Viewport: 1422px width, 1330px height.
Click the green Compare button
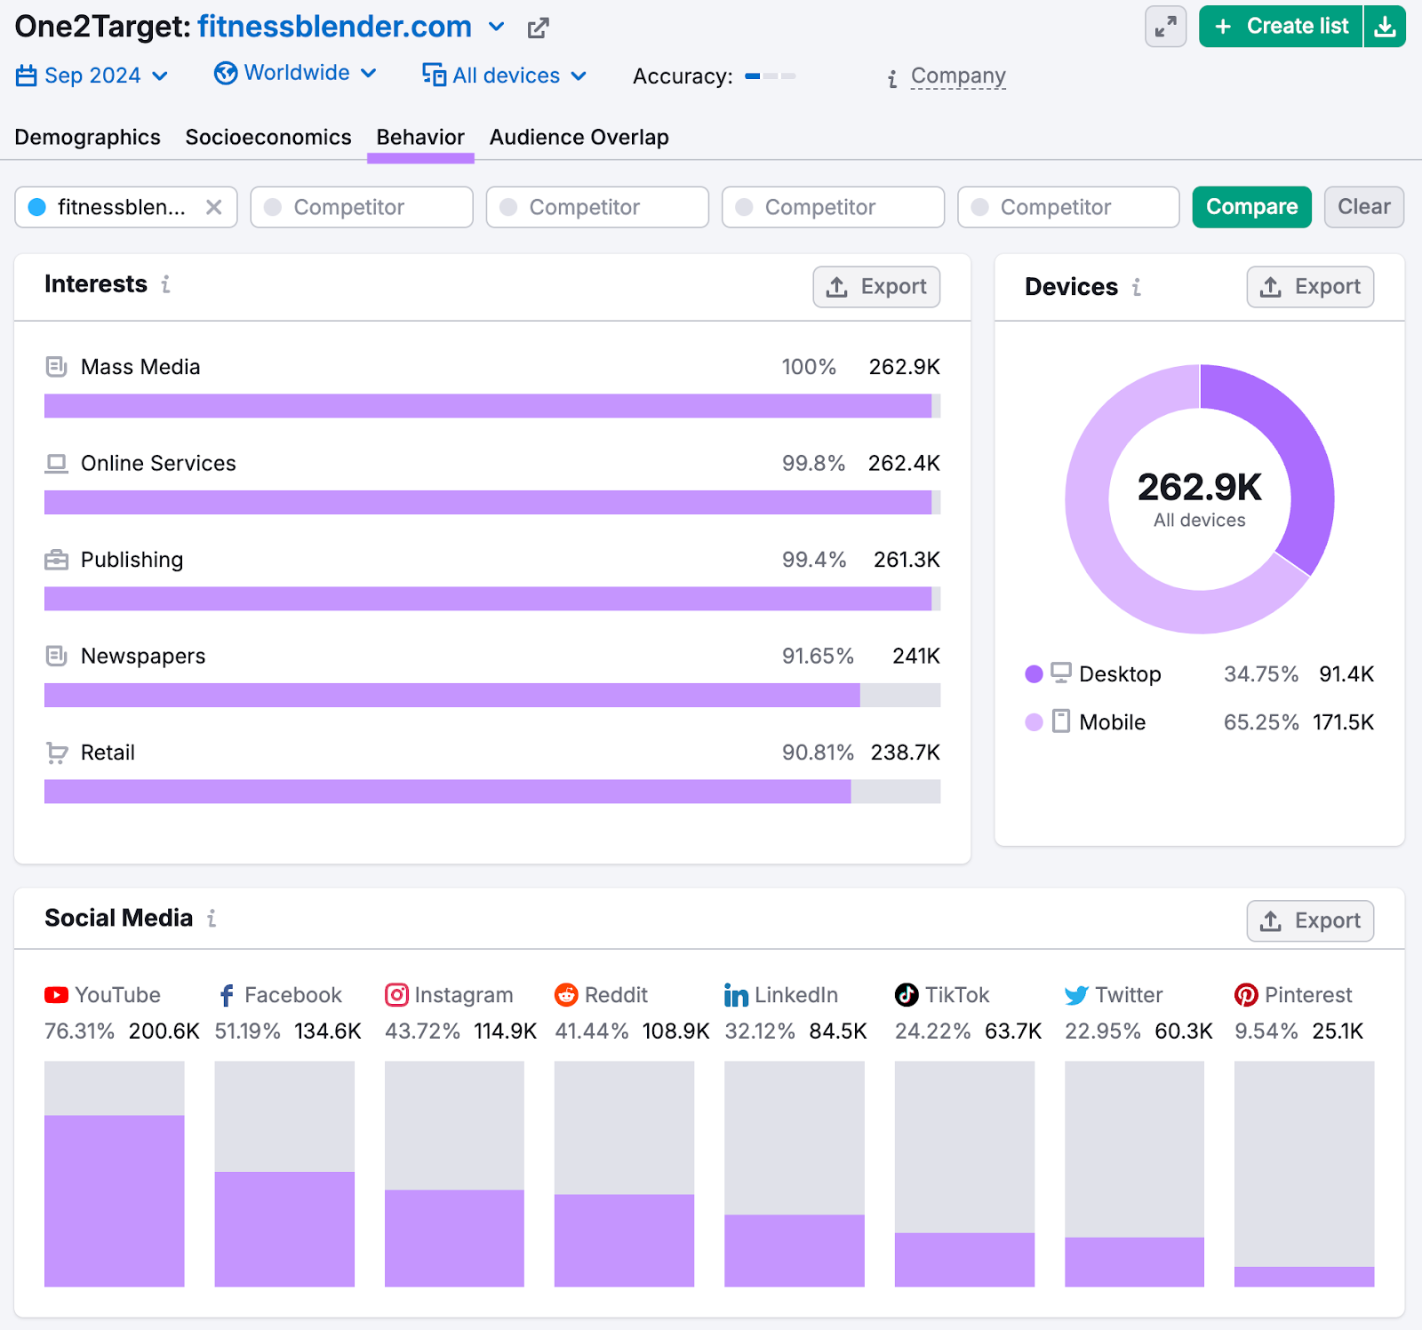tap(1251, 207)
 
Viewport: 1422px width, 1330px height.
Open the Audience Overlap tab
tap(579, 138)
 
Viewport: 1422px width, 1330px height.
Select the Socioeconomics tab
tap(268, 138)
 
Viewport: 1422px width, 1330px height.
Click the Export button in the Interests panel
tap(876, 287)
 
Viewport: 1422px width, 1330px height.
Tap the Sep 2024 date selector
tap(92, 76)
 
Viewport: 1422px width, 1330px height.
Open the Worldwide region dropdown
tap(296, 73)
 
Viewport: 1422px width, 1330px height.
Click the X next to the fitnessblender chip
tap(214, 207)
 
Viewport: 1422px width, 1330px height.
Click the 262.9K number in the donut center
tap(1199, 487)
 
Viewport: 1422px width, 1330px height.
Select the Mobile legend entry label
tap(1112, 722)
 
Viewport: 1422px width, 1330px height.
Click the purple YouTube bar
tap(115, 1199)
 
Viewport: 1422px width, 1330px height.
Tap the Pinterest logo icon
tap(1246, 995)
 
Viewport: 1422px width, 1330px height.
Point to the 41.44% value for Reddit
tap(591, 1031)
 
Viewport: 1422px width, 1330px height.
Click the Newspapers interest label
tap(143, 657)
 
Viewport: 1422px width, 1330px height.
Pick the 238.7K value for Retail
tap(905, 753)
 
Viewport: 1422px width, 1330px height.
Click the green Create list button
tap(1281, 27)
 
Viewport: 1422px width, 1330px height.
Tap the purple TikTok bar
tap(964, 1259)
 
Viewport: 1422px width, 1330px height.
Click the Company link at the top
tap(958, 76)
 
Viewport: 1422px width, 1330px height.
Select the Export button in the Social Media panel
tap(1310, 921)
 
